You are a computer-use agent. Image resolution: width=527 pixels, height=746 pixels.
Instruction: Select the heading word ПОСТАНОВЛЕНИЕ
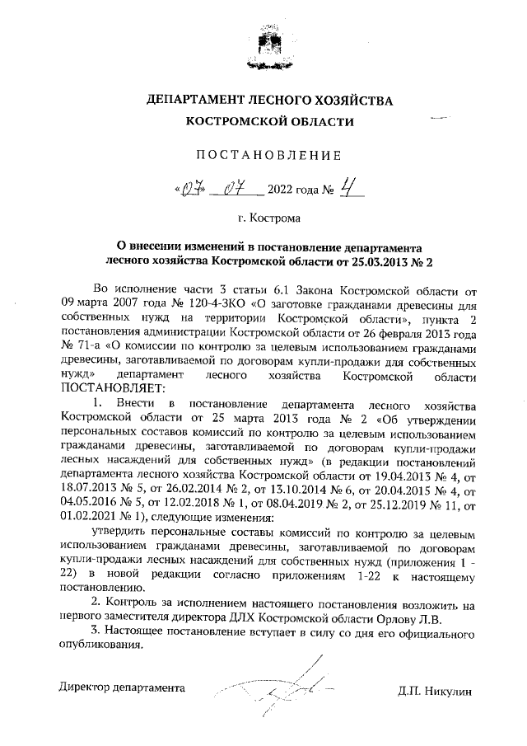(263, 155)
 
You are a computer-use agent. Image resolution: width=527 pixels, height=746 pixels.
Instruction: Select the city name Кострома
(276, 220)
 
